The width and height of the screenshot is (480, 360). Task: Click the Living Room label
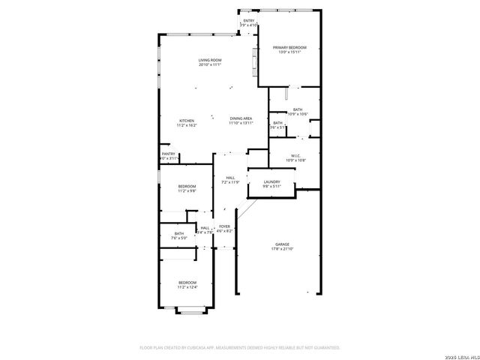(210, 60)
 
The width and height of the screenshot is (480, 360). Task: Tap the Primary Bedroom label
(289, 47)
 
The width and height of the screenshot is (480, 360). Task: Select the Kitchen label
(186, 121)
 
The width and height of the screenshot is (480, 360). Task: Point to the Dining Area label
(241, 118)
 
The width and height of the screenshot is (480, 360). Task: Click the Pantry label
(168, 154)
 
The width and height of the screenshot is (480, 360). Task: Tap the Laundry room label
(271, 181)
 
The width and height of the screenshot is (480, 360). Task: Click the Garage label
(282, 244)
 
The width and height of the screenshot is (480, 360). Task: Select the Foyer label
(224, 226)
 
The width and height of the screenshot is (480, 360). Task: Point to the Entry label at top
(249, 20)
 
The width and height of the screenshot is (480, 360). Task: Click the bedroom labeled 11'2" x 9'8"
(187, 186)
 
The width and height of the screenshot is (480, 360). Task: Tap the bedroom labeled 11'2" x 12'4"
(187, 282)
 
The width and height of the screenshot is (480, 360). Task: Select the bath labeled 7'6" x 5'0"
(179, 233)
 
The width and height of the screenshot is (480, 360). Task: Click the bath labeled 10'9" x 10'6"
(298, 109)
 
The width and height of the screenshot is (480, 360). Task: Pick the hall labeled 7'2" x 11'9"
(230, 178)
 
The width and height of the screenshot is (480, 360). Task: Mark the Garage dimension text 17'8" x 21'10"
(282, 249)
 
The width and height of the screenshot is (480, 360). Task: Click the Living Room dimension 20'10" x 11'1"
(210, 64)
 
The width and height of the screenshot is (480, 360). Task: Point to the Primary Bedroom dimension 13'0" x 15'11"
(289, 52)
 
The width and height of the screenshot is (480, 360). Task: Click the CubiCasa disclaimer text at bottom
(240, 347)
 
